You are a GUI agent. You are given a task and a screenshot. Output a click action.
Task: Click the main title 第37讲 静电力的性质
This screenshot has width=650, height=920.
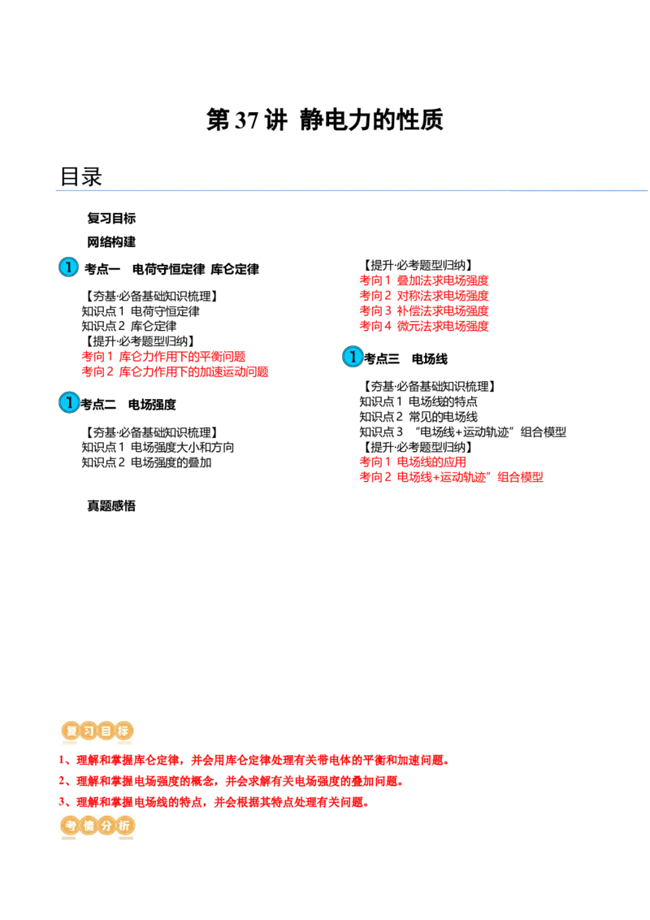click(324, 119)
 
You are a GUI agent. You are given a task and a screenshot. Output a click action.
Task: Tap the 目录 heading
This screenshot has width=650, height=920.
click(81, 176)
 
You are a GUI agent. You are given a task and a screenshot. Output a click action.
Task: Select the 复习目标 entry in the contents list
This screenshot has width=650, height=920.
click(110, 219)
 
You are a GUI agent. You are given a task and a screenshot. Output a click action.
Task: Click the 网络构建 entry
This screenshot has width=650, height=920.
click(110, 241)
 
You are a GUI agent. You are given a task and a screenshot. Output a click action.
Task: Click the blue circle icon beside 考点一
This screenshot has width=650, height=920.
click(68, 267)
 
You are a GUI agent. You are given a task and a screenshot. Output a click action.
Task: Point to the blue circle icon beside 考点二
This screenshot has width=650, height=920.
click(69, 402)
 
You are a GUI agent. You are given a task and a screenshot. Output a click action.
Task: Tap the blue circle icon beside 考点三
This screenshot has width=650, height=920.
click(353, 357)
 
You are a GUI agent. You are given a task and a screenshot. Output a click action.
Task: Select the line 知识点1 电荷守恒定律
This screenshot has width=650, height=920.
click(141, 311)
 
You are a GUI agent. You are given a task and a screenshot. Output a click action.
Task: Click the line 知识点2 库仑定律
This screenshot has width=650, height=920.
click(129, 326)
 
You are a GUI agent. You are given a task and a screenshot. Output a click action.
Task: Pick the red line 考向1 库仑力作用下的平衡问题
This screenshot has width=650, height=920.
click(163, 356)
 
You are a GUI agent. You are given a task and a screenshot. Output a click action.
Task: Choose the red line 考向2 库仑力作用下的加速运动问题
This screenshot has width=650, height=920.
click(175, 371)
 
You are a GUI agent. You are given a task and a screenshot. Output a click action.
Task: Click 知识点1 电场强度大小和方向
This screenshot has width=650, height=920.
click(158, 447)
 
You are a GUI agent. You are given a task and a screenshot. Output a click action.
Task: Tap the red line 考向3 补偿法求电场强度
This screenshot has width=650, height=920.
click(424, 311)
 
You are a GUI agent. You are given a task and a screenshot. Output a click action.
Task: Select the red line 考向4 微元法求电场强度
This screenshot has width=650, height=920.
click(424, 326)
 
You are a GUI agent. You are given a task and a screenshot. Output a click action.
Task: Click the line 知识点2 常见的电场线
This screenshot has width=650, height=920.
click(418, 417)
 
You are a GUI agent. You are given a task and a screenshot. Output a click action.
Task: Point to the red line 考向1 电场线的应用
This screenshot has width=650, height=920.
click(413, 462)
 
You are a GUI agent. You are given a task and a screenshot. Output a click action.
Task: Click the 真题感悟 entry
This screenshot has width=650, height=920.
click(110, 506)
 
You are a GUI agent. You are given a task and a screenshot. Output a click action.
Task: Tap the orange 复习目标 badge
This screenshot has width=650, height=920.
click(97, 731)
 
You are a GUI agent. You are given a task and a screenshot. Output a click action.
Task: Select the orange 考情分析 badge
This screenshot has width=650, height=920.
click(97, 826)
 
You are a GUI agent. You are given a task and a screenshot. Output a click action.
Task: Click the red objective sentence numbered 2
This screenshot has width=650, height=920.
click(231, 781)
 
